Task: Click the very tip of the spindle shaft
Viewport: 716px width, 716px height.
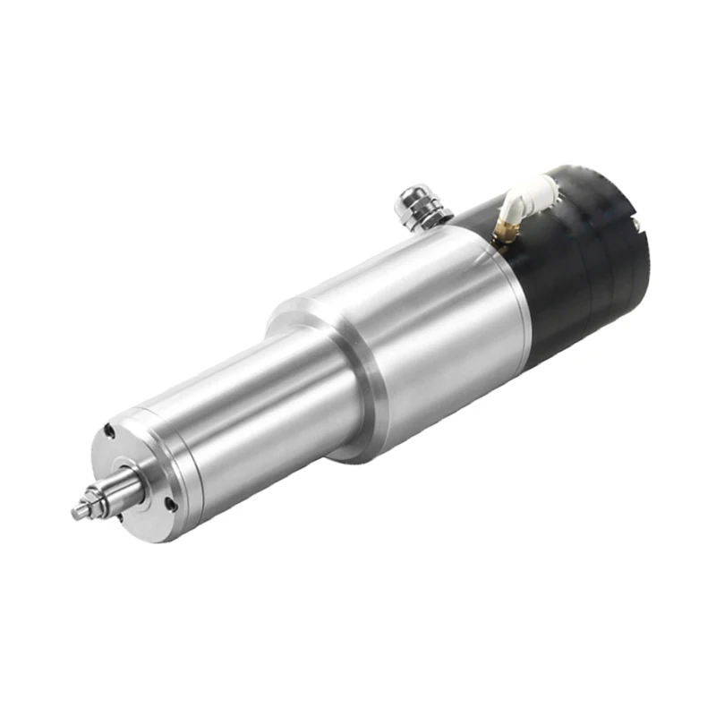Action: (x=76, y=513)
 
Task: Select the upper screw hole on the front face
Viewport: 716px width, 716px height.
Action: (x=109, y=431)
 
